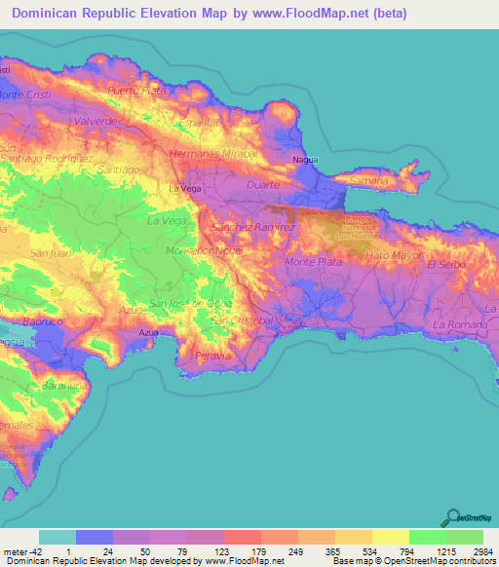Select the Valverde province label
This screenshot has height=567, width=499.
96,121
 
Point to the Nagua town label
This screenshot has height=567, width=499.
306,159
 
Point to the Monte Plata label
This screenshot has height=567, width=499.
312,262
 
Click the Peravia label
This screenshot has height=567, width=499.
215,356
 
